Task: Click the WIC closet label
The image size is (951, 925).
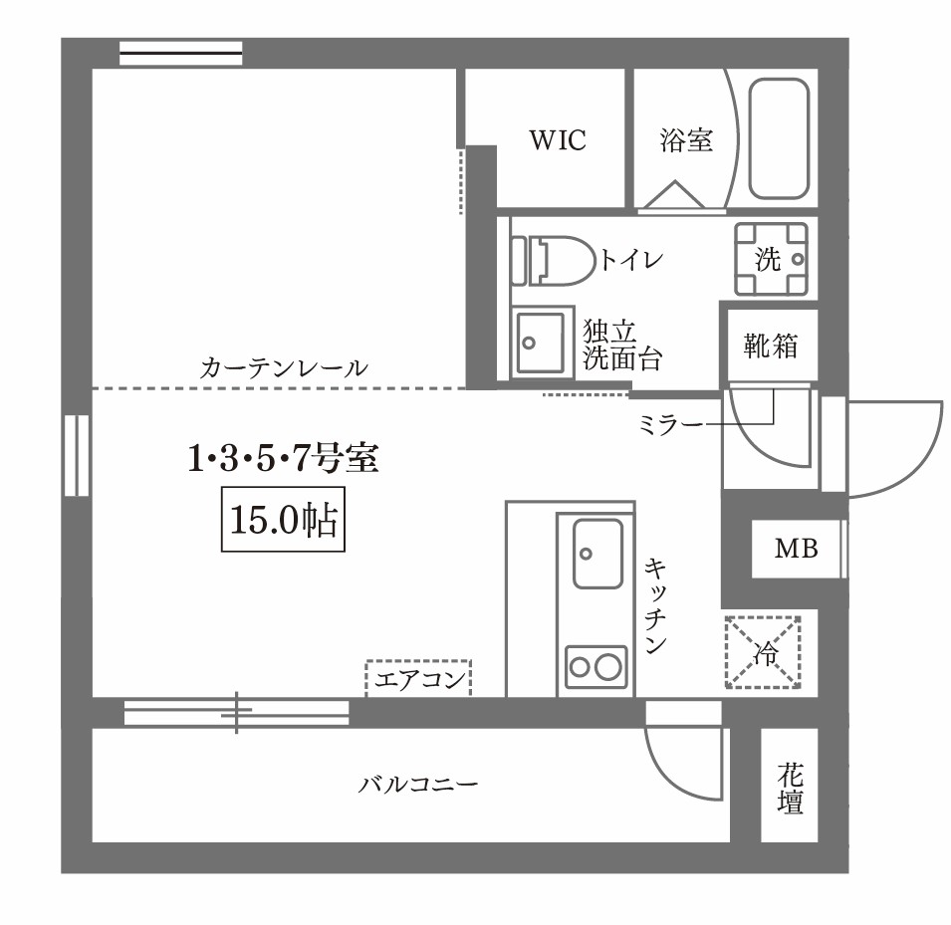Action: click(x=557, y=140)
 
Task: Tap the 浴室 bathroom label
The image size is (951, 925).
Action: click(x=686, y=140)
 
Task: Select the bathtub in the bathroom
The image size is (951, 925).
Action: click(x=778, y=140)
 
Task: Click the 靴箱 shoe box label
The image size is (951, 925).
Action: click(x=771, y=347)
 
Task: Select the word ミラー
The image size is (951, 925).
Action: click(x=668, y=424)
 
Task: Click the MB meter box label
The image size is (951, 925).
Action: click(x=797, y=549)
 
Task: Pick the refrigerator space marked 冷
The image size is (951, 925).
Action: click(x=765, y=653)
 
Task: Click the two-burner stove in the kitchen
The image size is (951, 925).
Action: click(x=596, y=665)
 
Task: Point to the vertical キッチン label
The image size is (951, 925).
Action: click(x=655, y=605)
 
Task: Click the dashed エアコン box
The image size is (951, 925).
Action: click(x=418, y=680)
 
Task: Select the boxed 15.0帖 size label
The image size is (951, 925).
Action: click(x=282, y=521)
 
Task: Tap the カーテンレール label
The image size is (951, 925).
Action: click(x=284, y=367)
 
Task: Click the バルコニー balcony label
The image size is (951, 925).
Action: click(x=418, y=785)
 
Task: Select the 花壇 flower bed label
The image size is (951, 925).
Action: click(x=791, y=788)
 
